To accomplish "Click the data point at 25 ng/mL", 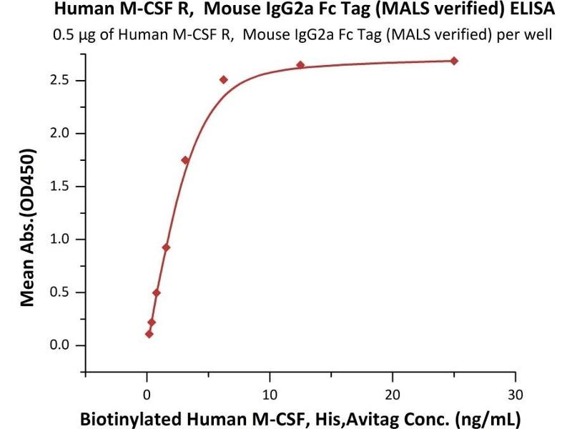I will [454, 61].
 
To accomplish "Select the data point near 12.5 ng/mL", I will [300, 65].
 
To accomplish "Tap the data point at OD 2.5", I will [224, 79].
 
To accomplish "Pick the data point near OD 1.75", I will [185, 160].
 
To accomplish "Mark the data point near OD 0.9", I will [166, 247].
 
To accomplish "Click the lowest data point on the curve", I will [149, 334].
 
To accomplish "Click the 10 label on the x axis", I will [270, 394].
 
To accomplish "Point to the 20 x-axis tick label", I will [392, 394].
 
